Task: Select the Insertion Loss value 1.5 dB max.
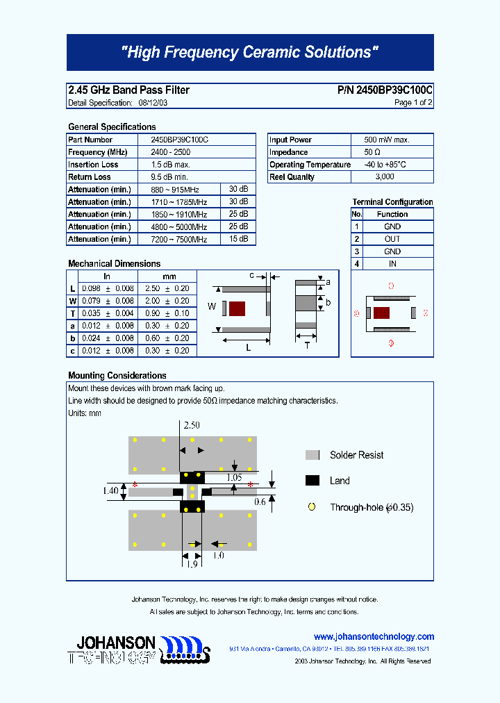(x=171, y=165)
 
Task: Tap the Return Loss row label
(x=90, y=177)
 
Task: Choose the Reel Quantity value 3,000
(x=384, y=177)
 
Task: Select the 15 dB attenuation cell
(x=238, y=239)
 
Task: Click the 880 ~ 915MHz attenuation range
(x=176, y=190)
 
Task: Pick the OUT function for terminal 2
(x=392, y=239)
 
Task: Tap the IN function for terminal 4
(x=392, y=264)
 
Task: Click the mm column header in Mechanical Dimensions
(x=169, y=276)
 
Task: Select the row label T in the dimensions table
(x=72, y=313)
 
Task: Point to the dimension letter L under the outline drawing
(x=248, y=348)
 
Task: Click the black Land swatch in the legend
(x=312, y=481)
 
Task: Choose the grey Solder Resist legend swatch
(x=312, y=455)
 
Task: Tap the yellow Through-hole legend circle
(x=312, y=507)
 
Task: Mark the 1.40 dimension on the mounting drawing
(x=110, y=490)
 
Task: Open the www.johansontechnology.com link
(x=374, y=636)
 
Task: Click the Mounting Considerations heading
(x=117, y=376)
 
